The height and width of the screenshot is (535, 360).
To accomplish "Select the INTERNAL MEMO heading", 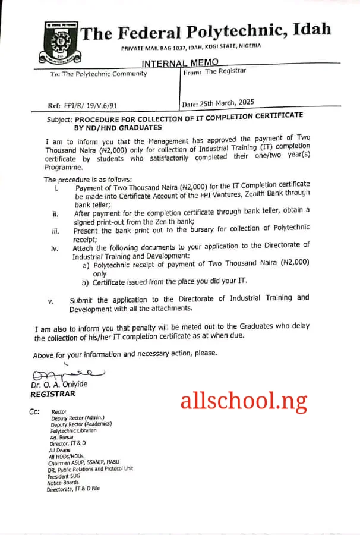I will click(x=180, y=62).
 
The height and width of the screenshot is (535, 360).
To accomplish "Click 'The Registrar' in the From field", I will click(x=225, y=71).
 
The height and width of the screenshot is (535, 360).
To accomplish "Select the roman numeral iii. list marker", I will click(x=55, y=230).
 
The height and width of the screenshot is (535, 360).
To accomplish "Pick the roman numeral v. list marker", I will click(x=51, y=301).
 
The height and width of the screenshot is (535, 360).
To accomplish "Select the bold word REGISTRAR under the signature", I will click(x=53, y=394).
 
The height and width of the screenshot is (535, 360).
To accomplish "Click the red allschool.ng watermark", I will click(x=244, y=402).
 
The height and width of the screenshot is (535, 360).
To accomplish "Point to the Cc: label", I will click(x=34, y=411).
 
